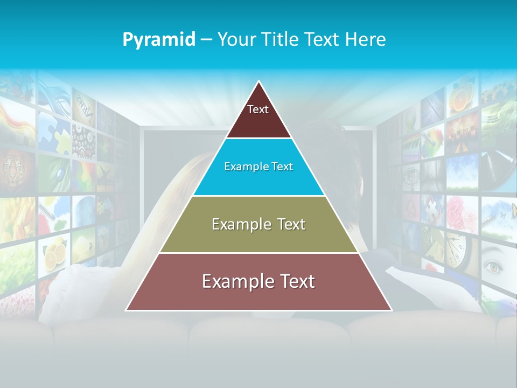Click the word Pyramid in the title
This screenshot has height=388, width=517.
(158, 40)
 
